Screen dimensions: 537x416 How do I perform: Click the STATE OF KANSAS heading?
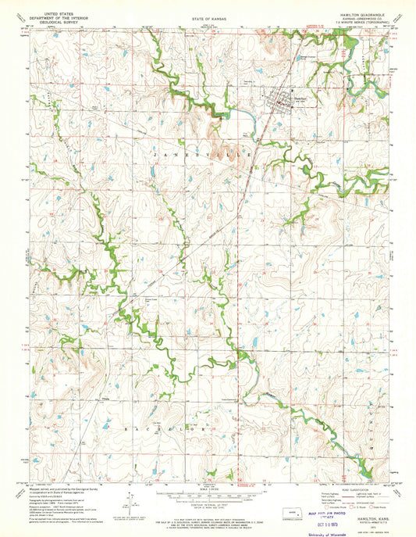pos(208,15)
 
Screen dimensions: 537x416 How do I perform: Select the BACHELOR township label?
pos(169,428)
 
